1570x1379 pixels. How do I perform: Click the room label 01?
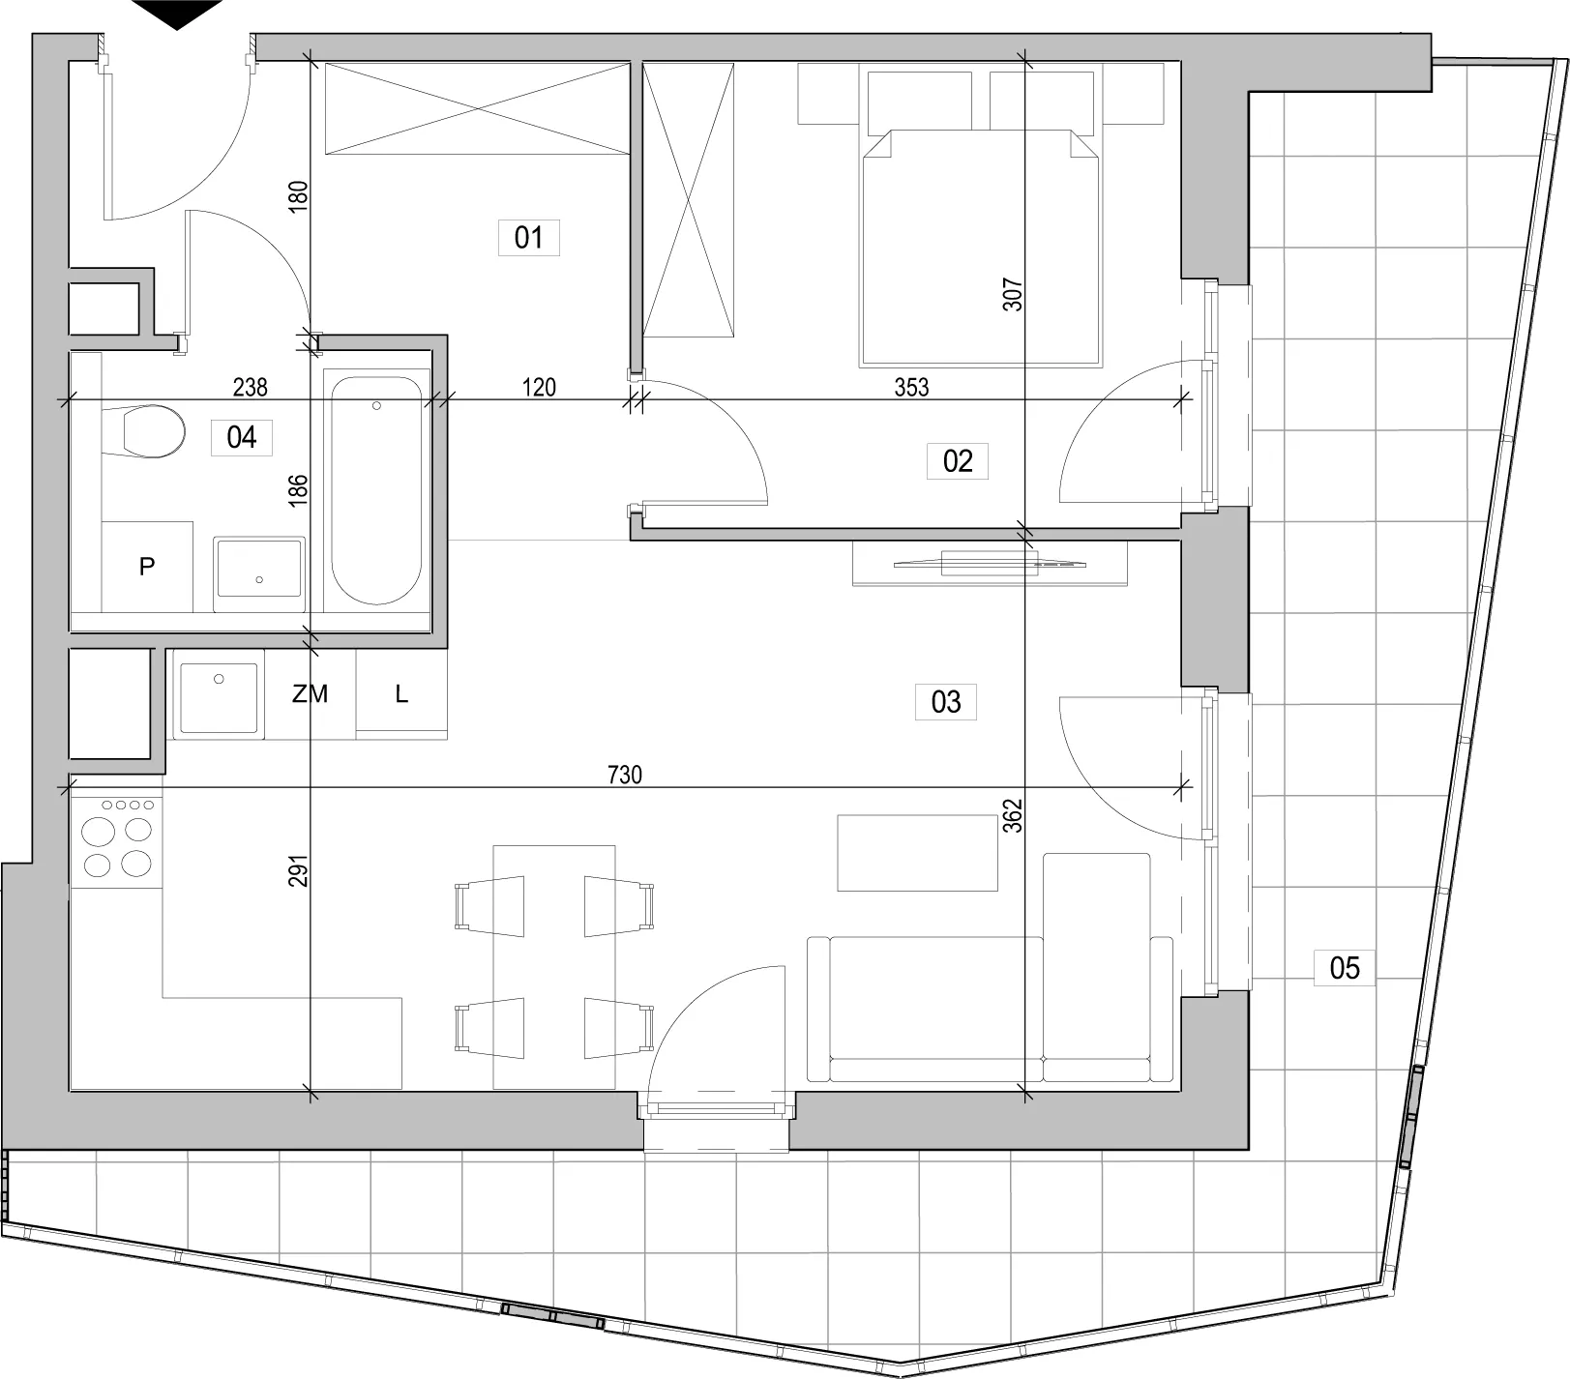point(528,237)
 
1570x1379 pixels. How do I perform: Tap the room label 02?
point(957,460)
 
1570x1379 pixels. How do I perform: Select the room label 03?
point(945,701)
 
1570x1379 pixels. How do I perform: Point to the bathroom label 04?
point(241,437)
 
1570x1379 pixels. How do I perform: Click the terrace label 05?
point(1345,967)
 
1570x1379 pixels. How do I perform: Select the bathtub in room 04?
point(376,490)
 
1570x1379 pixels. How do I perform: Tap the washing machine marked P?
point(147,566)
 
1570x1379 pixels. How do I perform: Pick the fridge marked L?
point(401,693)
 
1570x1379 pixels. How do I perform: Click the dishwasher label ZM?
point(311,693)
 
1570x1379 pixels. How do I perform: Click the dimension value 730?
point(625,775)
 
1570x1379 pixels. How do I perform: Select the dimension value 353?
point(911,388)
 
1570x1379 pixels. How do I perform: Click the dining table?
point(555,967)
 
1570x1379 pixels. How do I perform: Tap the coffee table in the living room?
point(917,853)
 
